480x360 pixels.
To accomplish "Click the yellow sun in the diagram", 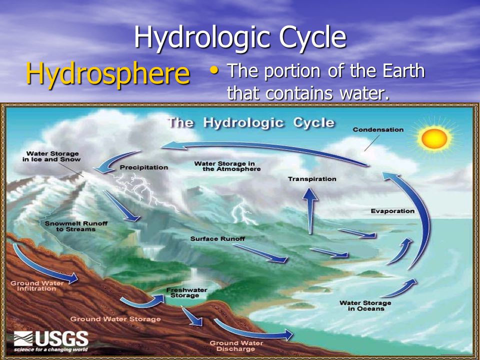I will pyautogui.click(x=434, y=138).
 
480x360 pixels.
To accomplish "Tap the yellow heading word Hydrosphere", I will pyautogui.click(x=107, y=73).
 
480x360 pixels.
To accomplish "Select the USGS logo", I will pyautogui.click(x=51, y=341).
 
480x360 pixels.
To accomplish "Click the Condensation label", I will pyautogui.click(x=378, y=130).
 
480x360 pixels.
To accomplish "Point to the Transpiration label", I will pyautogui.click(x=312, y=179).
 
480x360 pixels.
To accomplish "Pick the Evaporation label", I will pyautogui.click(x=392, y=211).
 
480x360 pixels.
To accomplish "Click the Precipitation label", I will pyautogui.click(x=144, y=167).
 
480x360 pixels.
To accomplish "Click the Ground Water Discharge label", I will pyautogui.click(x=229, y=345).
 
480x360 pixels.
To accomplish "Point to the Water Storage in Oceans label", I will pyautogui.click(x=365, y=305).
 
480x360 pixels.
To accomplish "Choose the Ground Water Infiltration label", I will pyautogui.click(x=30, y=286).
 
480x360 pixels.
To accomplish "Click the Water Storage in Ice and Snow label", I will pyautogui.click(x=52, y=156).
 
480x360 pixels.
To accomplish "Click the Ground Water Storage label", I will pyautogui.click(x=115, y=319).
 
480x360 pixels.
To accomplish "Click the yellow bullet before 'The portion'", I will pyautogui.click(x=214, y=71).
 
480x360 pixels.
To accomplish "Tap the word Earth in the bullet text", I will pyautogui.click(x=398, y=71).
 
